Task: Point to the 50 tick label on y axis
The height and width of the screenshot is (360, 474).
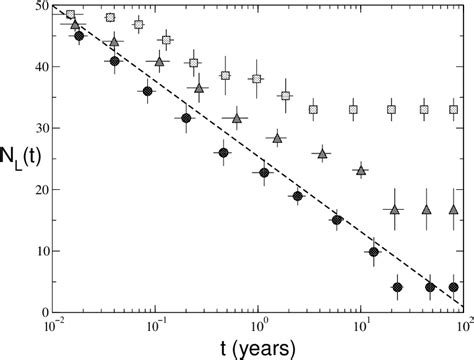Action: (34, 8)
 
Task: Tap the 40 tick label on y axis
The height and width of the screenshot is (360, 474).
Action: (34, 68)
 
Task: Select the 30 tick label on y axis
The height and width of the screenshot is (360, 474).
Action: (34, 129)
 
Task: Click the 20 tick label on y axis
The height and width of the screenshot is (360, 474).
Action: (34, 190)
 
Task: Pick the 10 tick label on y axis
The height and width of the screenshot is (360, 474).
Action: (34, 251)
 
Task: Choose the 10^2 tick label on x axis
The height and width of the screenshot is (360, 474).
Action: (466, 326)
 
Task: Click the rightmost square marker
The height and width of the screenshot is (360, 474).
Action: (454, 110)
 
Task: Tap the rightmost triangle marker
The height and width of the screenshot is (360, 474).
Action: (454, 210)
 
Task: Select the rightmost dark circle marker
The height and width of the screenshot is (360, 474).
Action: (454, 287)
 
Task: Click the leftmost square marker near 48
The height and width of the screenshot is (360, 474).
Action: (70, 15)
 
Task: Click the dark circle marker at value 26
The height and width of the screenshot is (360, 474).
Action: (224, 153)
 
